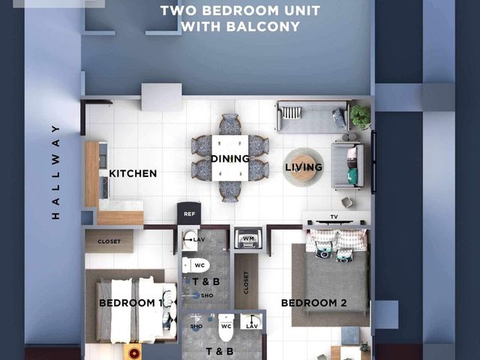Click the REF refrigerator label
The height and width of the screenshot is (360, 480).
pos(189,214)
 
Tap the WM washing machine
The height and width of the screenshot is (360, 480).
pos(248,238)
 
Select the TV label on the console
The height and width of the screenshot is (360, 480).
pos(334,217)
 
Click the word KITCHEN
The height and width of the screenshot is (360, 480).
pos(133,173)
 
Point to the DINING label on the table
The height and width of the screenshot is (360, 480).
pos(230,158)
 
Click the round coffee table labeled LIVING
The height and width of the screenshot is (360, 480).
pos(303,167)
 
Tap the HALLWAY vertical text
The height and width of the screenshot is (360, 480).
pos(55,172)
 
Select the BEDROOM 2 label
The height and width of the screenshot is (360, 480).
pos(314,303)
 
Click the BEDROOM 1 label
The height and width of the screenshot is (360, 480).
pos(131,303)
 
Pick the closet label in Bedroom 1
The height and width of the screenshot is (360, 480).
pos(109,241)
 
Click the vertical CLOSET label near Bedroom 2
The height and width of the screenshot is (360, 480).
pos(246,283)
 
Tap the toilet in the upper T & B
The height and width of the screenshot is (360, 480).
pos(196,265)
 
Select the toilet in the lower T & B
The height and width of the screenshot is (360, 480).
pos(226,328)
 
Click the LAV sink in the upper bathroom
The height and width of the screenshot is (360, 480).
pos(190,240)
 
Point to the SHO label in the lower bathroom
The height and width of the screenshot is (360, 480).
pos(196,326)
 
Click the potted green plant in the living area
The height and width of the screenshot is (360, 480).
pos(360,117)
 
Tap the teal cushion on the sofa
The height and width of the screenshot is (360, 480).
pos(352,176)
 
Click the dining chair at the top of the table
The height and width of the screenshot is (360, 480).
pos(230,124)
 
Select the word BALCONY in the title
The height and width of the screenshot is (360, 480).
pos(263,27)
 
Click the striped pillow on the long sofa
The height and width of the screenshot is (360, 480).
pos(291,112)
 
